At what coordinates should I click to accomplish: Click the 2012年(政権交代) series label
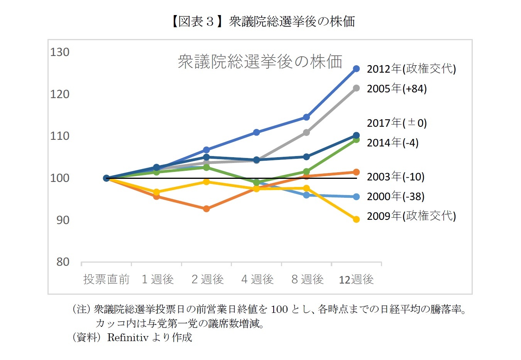point(411,69)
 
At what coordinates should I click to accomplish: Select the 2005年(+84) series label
point(396,88)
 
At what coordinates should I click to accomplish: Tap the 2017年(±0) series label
point(396,123)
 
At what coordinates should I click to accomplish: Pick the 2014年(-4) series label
point(392,143)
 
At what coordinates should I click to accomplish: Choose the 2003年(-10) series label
point(395,177)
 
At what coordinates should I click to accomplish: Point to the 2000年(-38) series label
point(395,196)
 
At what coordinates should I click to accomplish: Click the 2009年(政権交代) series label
point(411,216)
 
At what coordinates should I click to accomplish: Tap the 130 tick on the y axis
point(60,52)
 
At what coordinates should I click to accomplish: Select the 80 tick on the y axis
point(63,262)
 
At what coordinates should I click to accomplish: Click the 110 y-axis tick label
point(60,136)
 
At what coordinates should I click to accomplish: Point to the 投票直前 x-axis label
point(106,279)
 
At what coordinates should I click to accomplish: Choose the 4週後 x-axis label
point(257,279)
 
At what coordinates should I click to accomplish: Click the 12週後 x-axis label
point(356,279)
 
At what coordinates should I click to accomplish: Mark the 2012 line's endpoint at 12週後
point(356,69)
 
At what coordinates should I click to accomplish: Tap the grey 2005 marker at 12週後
point(356,88)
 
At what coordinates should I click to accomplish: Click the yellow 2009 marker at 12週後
point(356,219)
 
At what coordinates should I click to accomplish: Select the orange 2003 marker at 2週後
point(206,209)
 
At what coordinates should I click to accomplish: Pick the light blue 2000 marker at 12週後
point(356,197)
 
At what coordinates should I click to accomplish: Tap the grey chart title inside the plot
point(260,61)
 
